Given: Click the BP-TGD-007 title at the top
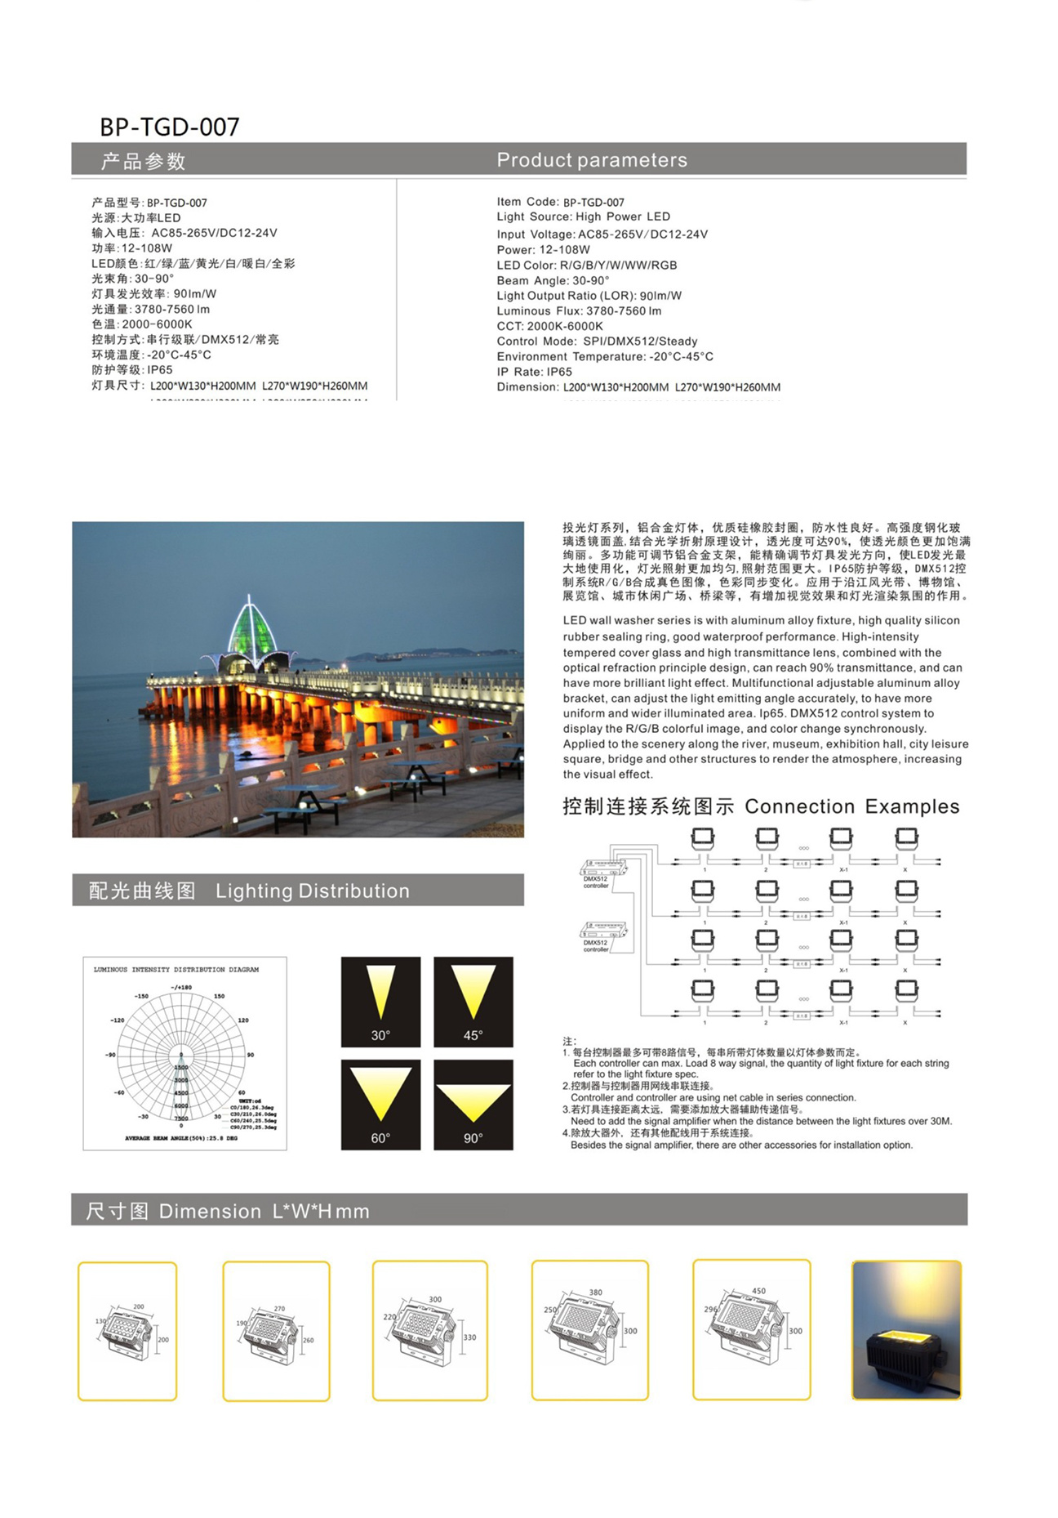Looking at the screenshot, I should pos(169,127).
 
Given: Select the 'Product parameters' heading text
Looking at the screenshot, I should pos(592,160).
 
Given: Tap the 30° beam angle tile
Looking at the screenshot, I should pos(380,1002).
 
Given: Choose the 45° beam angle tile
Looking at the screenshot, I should pos(473,1002).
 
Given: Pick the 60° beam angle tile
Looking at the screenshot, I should pos(380,1104).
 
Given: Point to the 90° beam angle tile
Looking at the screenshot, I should pos(473,1104).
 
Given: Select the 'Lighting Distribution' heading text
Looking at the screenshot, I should pos(313,891).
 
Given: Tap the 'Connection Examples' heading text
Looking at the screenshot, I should pos(851,806).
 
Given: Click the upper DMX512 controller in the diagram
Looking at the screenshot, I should pos(602,868).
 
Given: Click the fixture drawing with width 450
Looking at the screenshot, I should pos(751,1329).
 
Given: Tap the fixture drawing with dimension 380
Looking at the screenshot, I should pos(589,1329).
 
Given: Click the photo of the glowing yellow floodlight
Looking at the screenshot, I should pos(906,1329).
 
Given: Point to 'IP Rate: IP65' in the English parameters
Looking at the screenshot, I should pos(534,372).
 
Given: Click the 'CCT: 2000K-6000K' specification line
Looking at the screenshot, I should pos(549,326).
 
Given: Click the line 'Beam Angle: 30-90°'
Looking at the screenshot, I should pos(553,280).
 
